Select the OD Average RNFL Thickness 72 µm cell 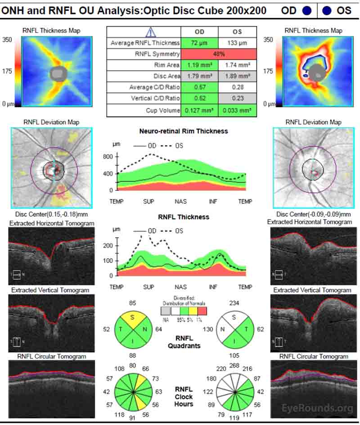(x=199, y=43)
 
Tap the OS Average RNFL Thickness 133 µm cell (x=237, y=43)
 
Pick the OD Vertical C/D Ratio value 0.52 (x=199, y=98)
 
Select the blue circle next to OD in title (x=307, y=10)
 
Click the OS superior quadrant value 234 (x=234, y=303)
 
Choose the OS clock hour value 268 (x=234, y=365)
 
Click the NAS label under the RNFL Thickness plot (x=180, y=287)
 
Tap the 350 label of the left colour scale (x=8, y=40)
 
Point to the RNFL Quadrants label (x=184, y=342)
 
